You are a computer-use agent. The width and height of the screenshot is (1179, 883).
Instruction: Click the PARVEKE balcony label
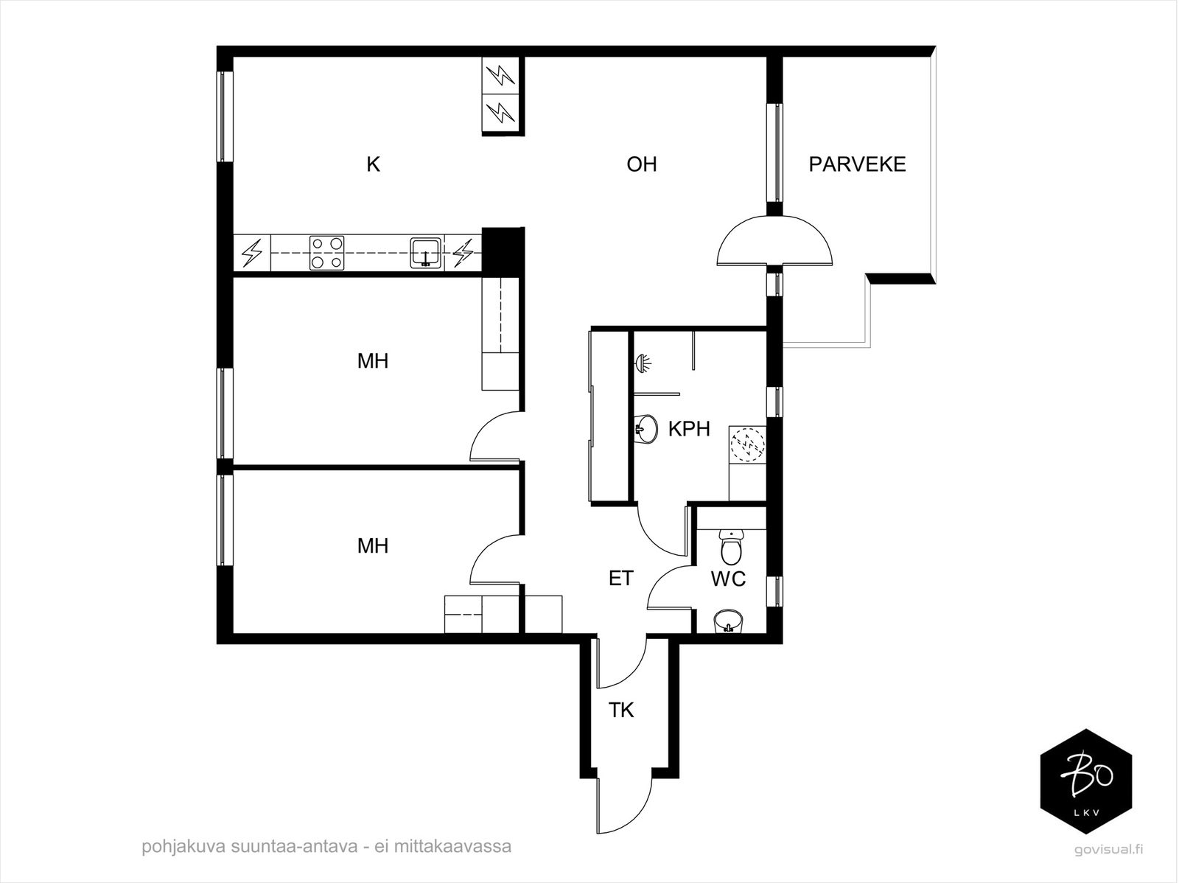(x=857, y=164)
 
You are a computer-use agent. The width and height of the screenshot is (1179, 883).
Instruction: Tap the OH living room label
(x=642, y=164)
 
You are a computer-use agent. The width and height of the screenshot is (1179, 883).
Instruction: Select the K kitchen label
(x=374, y=164)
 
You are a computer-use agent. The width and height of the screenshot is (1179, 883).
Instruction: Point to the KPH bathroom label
(x=689, y=429)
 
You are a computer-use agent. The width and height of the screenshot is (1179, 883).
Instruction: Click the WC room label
(x=728, y=579)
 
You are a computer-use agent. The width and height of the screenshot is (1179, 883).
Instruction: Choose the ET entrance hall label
(x=621, y=578)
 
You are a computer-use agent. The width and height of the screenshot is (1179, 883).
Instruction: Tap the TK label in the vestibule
(x=621, y=710)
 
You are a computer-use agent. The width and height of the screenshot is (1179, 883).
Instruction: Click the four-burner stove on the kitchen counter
(x=326, y=252)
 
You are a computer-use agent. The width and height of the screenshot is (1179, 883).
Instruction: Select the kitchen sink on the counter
(x=425, y=252)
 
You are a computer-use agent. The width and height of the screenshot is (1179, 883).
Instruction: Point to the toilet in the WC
(x=730, y=547)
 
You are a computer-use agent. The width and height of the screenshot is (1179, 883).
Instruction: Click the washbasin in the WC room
(x=728, y=622)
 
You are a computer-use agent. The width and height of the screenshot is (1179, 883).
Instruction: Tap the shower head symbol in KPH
(x=643, y=363)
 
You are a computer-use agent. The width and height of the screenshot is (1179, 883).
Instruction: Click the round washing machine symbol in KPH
(x=747, y=445)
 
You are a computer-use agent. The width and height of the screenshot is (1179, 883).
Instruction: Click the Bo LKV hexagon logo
(x=1086, y=781)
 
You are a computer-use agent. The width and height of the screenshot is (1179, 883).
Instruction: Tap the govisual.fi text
(x=1108, y=849)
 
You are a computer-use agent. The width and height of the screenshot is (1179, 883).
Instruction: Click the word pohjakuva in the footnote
(x=183, y=847)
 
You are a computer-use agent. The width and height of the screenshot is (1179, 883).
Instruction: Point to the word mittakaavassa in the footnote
(x=452, y=846)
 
